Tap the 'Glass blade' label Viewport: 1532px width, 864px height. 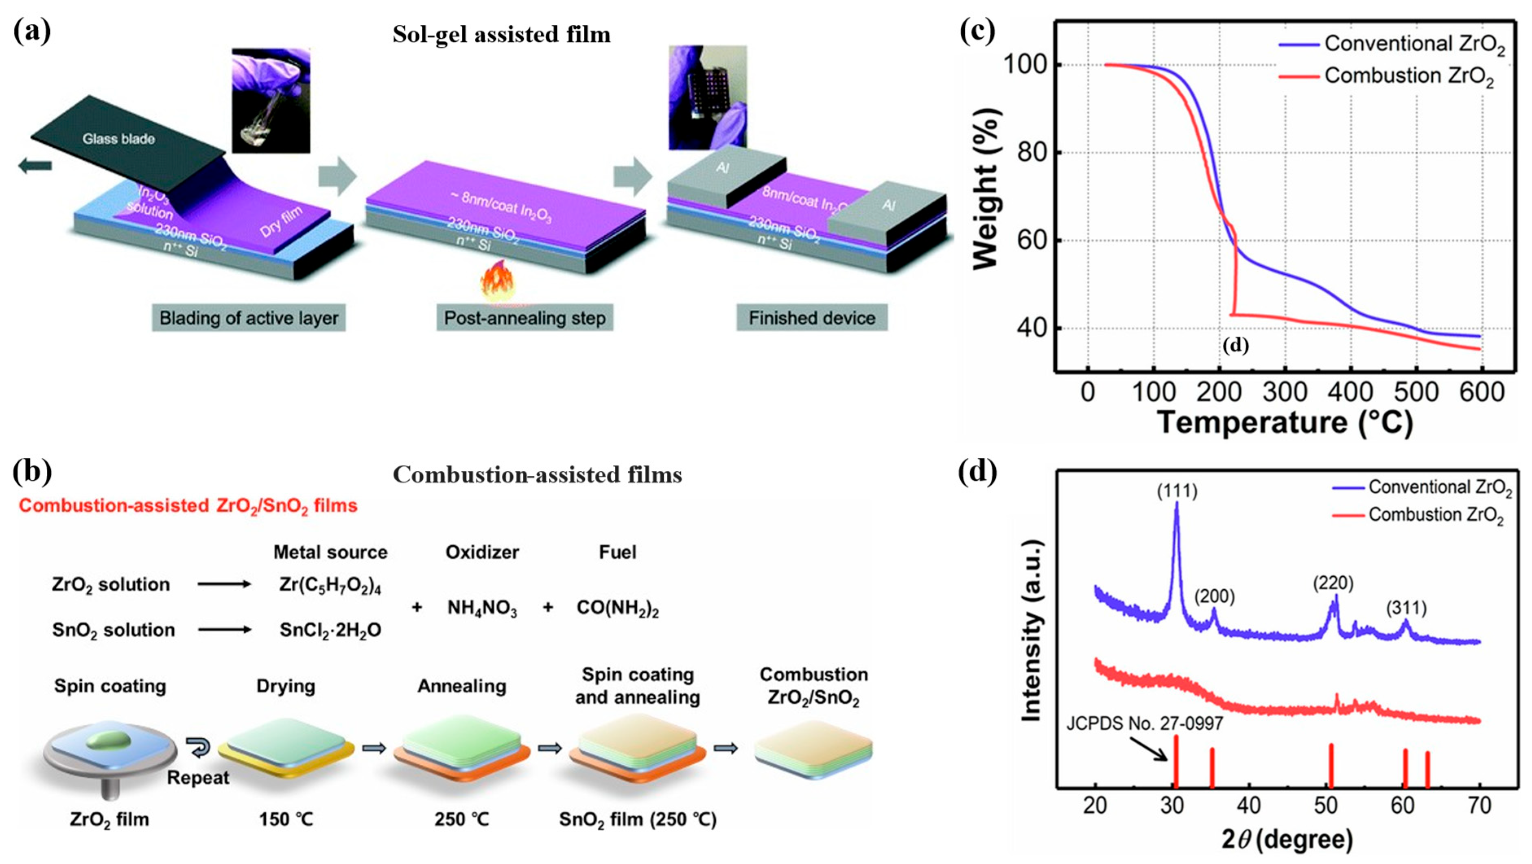118,139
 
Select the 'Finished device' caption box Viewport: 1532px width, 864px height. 812,318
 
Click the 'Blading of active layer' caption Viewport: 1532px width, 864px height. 249,318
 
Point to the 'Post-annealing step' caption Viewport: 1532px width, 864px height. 525,318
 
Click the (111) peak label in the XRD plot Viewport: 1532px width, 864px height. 1176,491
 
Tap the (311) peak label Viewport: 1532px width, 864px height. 1406,608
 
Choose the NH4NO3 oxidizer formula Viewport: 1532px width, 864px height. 482,608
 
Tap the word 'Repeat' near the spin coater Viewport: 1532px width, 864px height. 198,778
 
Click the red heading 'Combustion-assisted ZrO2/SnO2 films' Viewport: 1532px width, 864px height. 188,506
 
